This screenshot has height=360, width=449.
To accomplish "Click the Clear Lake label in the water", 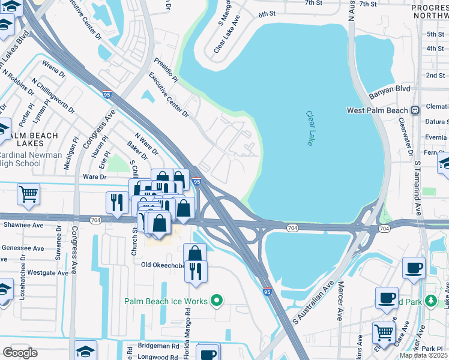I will tap(310, 128).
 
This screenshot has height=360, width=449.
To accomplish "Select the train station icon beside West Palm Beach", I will tap(415, 110).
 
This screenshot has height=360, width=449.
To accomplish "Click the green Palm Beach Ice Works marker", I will tap(217, 301).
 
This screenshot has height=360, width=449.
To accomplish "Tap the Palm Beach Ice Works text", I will tap(166, 301).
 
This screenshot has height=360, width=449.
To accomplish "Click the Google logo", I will tap(20, 353).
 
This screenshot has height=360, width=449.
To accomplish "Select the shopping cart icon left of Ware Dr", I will tap(28, 193).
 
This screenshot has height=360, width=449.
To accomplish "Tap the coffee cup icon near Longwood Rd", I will tap(208, 353).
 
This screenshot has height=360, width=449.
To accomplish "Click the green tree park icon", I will tap(430, 299).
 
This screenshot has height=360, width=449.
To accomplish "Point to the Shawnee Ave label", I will tap(22, 226).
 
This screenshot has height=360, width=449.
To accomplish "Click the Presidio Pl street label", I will tap(166, 70).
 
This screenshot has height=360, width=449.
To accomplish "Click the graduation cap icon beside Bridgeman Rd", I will tap(86, 350).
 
